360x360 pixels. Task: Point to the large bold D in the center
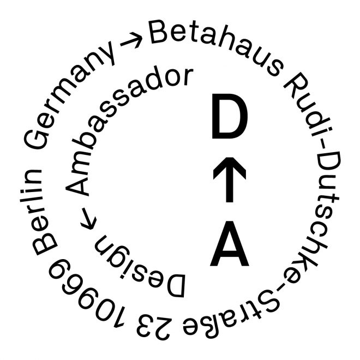[229, 117]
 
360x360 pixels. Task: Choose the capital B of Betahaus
[160, 34]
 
